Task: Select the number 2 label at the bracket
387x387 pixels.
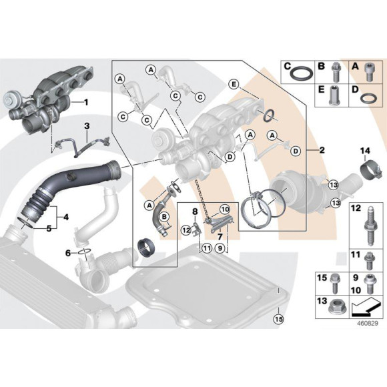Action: (322, 150)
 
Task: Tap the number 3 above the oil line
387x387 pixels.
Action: (86, 125)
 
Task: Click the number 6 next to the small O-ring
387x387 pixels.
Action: (67, 254)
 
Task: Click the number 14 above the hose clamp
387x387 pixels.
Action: (364, 149)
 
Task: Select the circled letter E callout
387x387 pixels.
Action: (233, 83)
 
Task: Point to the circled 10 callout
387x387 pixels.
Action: (224, 209)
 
